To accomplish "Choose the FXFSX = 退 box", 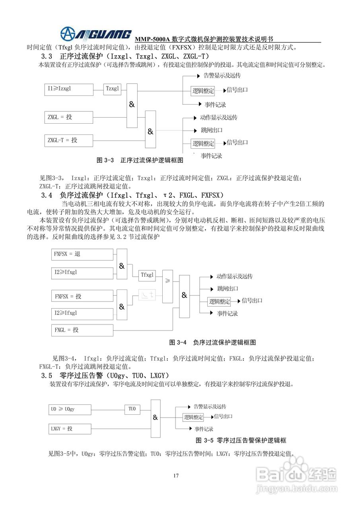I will pos(82,254).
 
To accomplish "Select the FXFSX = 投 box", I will pos(82,296).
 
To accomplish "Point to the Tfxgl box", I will pos(148,274).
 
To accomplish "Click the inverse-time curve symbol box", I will pos(148,295).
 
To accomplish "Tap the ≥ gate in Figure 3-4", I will pos(167,280).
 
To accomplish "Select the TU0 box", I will pos(132,409).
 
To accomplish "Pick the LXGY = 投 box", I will pos(69,429).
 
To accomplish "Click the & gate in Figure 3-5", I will pos(155,418).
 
